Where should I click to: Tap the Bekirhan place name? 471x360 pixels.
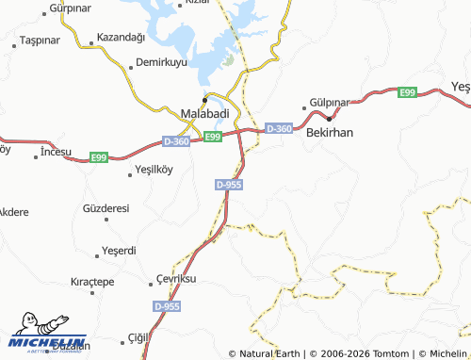[330, 133]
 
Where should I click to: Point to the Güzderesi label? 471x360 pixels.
[106, 207]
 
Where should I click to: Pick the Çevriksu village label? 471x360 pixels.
[175, 281]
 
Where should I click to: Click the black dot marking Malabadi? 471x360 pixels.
[204, 99]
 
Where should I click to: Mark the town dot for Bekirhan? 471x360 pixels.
[329, 118]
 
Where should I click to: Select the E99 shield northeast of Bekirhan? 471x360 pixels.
[407, 92]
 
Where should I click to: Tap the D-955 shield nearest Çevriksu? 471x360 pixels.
[167, 307]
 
